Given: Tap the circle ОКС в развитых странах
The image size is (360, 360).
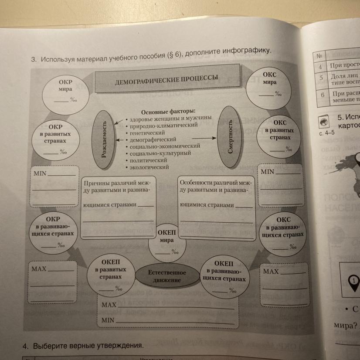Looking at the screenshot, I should tap(279, 135).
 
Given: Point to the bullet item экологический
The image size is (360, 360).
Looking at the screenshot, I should tap(148, 167).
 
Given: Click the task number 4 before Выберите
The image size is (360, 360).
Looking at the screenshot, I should tap(26, 346).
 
